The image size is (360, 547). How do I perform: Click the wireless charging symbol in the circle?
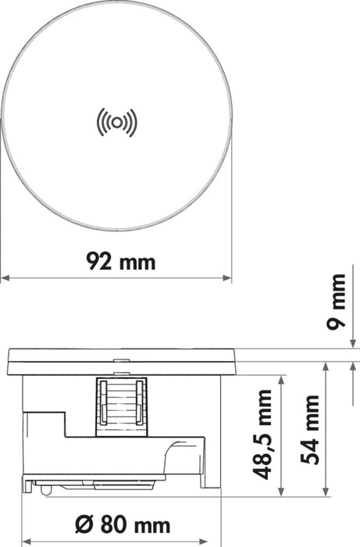[116, 121]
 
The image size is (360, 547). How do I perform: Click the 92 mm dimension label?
[119, 260]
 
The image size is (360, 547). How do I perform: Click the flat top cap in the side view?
[119, 362]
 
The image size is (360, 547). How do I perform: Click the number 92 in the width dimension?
[99, 260]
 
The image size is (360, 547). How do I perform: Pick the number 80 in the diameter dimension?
[109, 521]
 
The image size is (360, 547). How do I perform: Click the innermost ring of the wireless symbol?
[116, 121]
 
